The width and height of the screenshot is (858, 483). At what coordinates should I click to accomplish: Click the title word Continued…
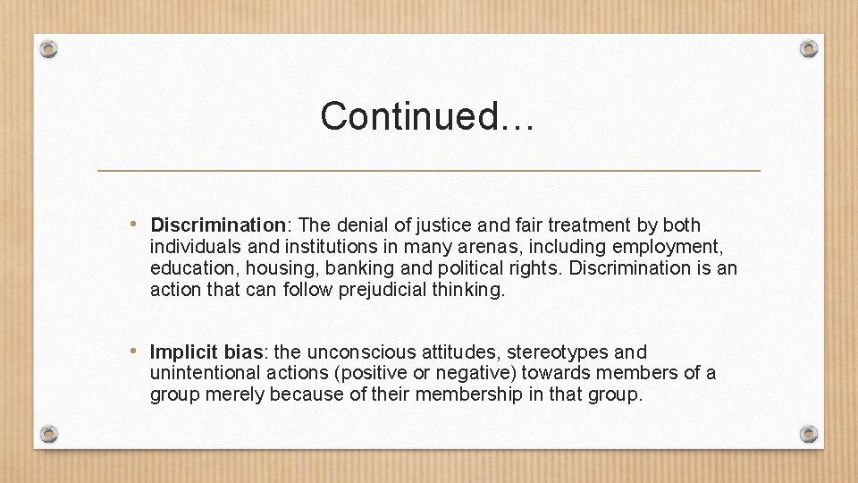click(x=427, y=116)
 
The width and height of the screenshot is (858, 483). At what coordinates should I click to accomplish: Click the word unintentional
click(x=205, y=373)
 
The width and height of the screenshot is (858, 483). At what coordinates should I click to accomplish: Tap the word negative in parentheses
click(x=467, y=373)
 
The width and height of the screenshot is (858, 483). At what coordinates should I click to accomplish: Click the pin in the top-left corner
click(x=49, y=49)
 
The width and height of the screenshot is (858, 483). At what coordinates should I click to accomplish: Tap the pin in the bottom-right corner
click(x=809, y=434)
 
